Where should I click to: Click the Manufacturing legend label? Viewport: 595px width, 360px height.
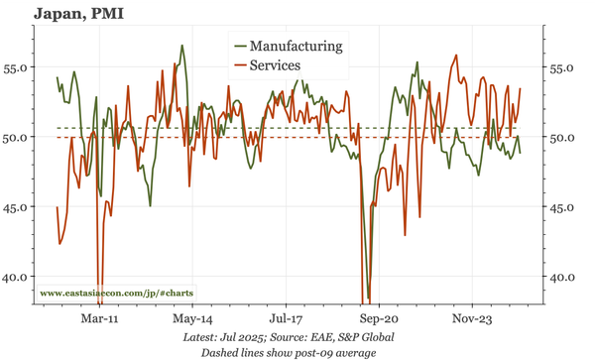click(x=297, y=46)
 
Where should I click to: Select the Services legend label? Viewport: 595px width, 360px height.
click(x=281, y=65)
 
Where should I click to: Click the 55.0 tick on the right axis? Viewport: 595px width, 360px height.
click(x=563, y=68)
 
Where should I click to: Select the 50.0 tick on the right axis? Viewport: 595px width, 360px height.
click(x=563, y=138)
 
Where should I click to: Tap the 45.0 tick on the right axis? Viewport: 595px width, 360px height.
click(x=563, y=207)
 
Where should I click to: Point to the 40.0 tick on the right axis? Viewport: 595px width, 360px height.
click(x=563, y=277)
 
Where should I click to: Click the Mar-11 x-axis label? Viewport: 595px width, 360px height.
click(x=100, y=320)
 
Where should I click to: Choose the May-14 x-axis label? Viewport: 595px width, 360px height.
click(x=192, y=320)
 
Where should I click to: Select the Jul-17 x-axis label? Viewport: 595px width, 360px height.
click(x=286, y=320)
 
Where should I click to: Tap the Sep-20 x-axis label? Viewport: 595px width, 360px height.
click(x=379, y=320)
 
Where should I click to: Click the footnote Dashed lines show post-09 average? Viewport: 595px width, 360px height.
click(x=289, y=352)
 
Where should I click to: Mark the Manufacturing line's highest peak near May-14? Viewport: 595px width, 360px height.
click(x=181, y=46)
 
